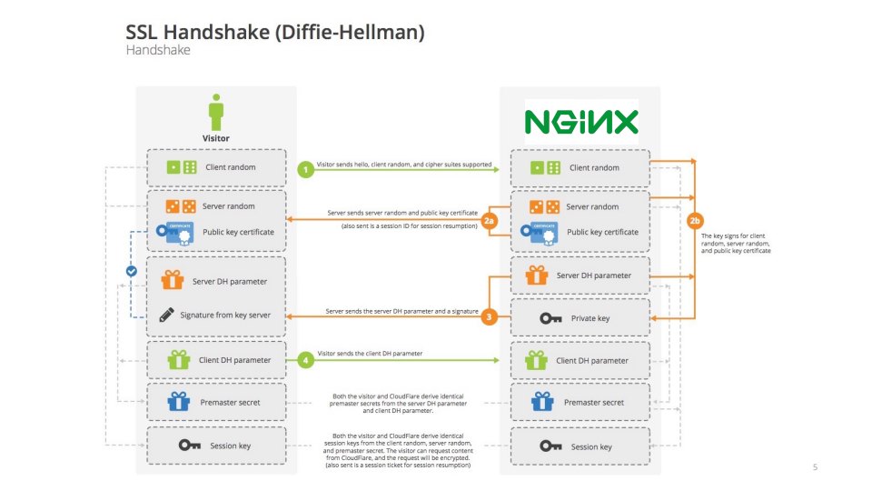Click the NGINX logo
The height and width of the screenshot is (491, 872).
click(581, 121)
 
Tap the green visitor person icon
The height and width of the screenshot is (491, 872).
click(215, 113)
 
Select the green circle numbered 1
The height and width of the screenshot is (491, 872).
click(306, 168)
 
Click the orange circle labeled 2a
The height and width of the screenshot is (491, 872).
click(490, 221)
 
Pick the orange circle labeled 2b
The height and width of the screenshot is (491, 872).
click(695, 221)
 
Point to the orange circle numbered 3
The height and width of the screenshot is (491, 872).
click(490, 316)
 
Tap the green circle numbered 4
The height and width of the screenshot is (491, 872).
click(306, 360)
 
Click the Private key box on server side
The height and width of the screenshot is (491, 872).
click(580, 318)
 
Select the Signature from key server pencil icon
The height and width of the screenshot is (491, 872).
click(166, 316)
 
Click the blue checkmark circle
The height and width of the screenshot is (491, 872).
click(132, 271)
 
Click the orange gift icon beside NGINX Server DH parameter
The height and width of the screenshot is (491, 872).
click(537, 275)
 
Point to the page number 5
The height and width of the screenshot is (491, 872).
click(815, 467)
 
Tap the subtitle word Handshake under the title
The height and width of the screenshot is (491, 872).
click(157, 52)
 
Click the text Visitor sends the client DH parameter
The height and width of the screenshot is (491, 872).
click(370, 353)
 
